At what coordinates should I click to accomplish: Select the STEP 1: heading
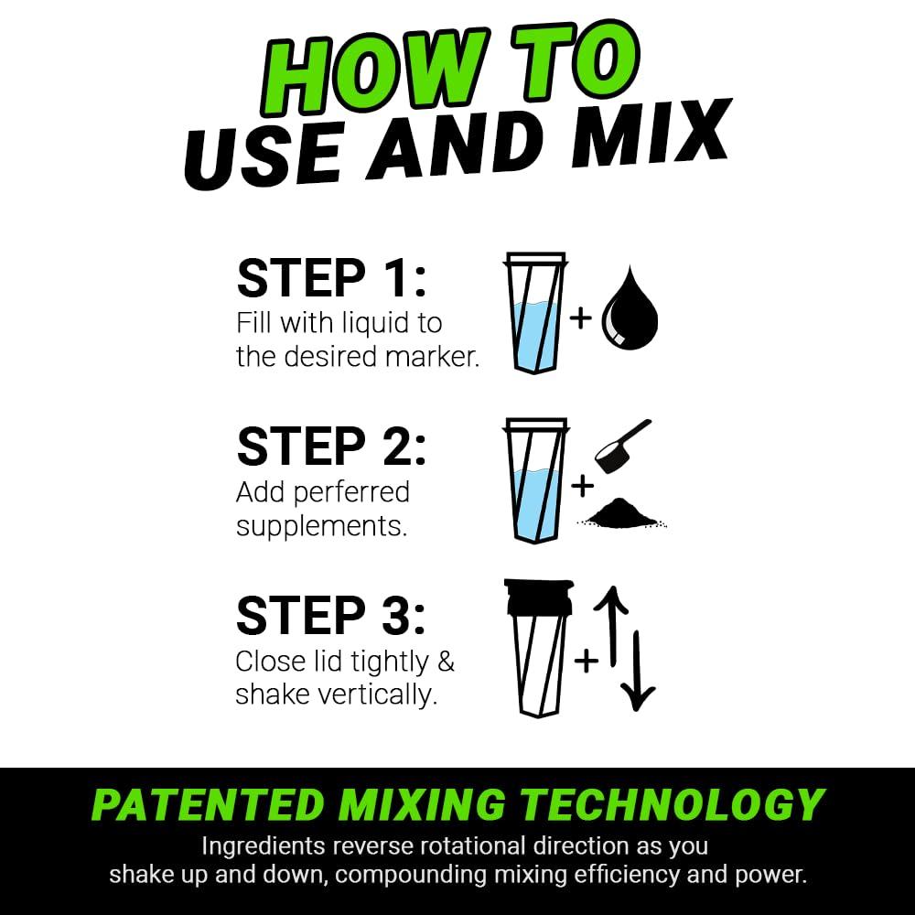click(331, 278)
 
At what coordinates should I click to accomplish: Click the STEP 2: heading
click(331, 447)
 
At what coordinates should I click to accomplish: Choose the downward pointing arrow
click(638, 668)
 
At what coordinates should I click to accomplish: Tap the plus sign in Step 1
click(579, 318)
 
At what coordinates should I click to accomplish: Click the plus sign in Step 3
click(587, 659)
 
